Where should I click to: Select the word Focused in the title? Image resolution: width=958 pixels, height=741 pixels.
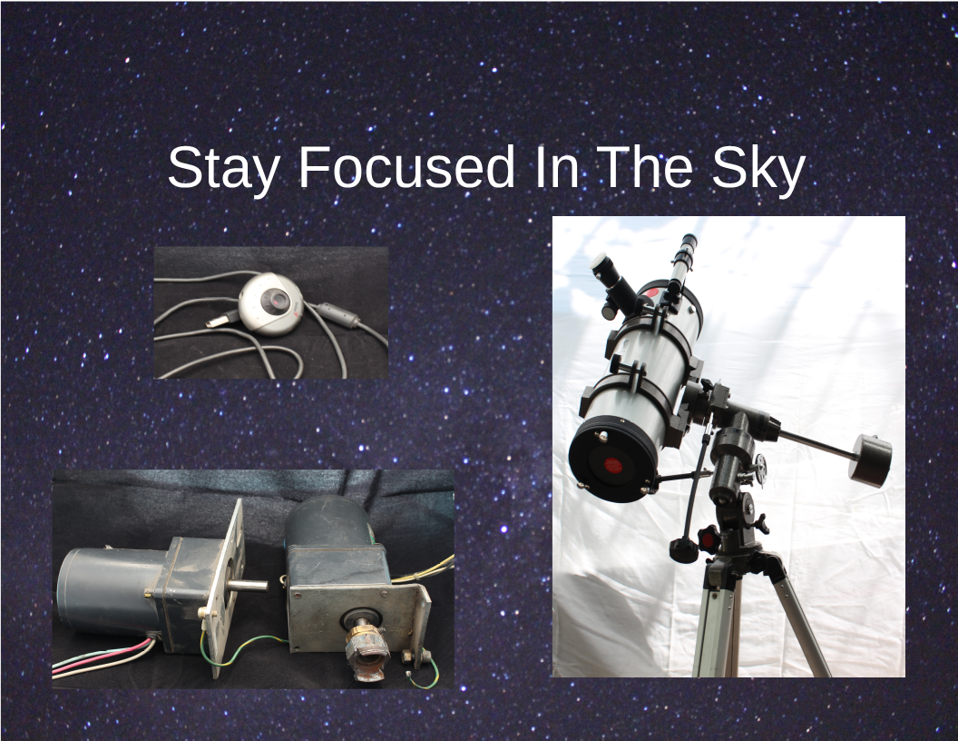click(x=407, y=167)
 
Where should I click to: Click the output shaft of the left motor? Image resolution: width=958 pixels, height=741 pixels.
click(x=248, y=586)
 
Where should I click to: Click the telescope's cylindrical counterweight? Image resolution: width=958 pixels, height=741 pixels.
click(x=870, y=459)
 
